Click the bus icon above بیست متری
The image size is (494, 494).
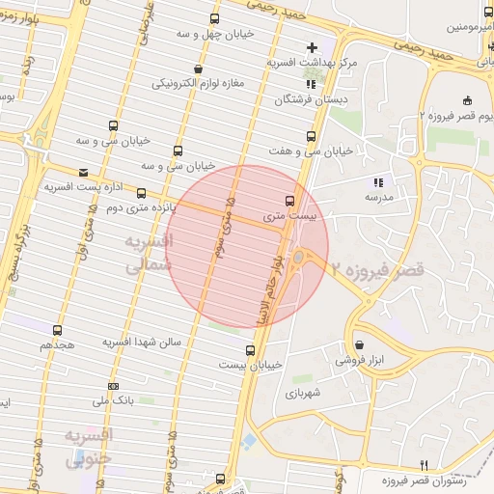point(289,201)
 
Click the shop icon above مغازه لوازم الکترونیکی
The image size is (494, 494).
point(199,69)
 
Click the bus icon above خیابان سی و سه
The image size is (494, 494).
point(114,125)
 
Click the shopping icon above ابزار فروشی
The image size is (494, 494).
point(358,344)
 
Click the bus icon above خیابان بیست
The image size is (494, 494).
point(251,350)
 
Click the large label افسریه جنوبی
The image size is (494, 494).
point(89,447)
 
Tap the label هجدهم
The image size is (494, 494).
point(58,345)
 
